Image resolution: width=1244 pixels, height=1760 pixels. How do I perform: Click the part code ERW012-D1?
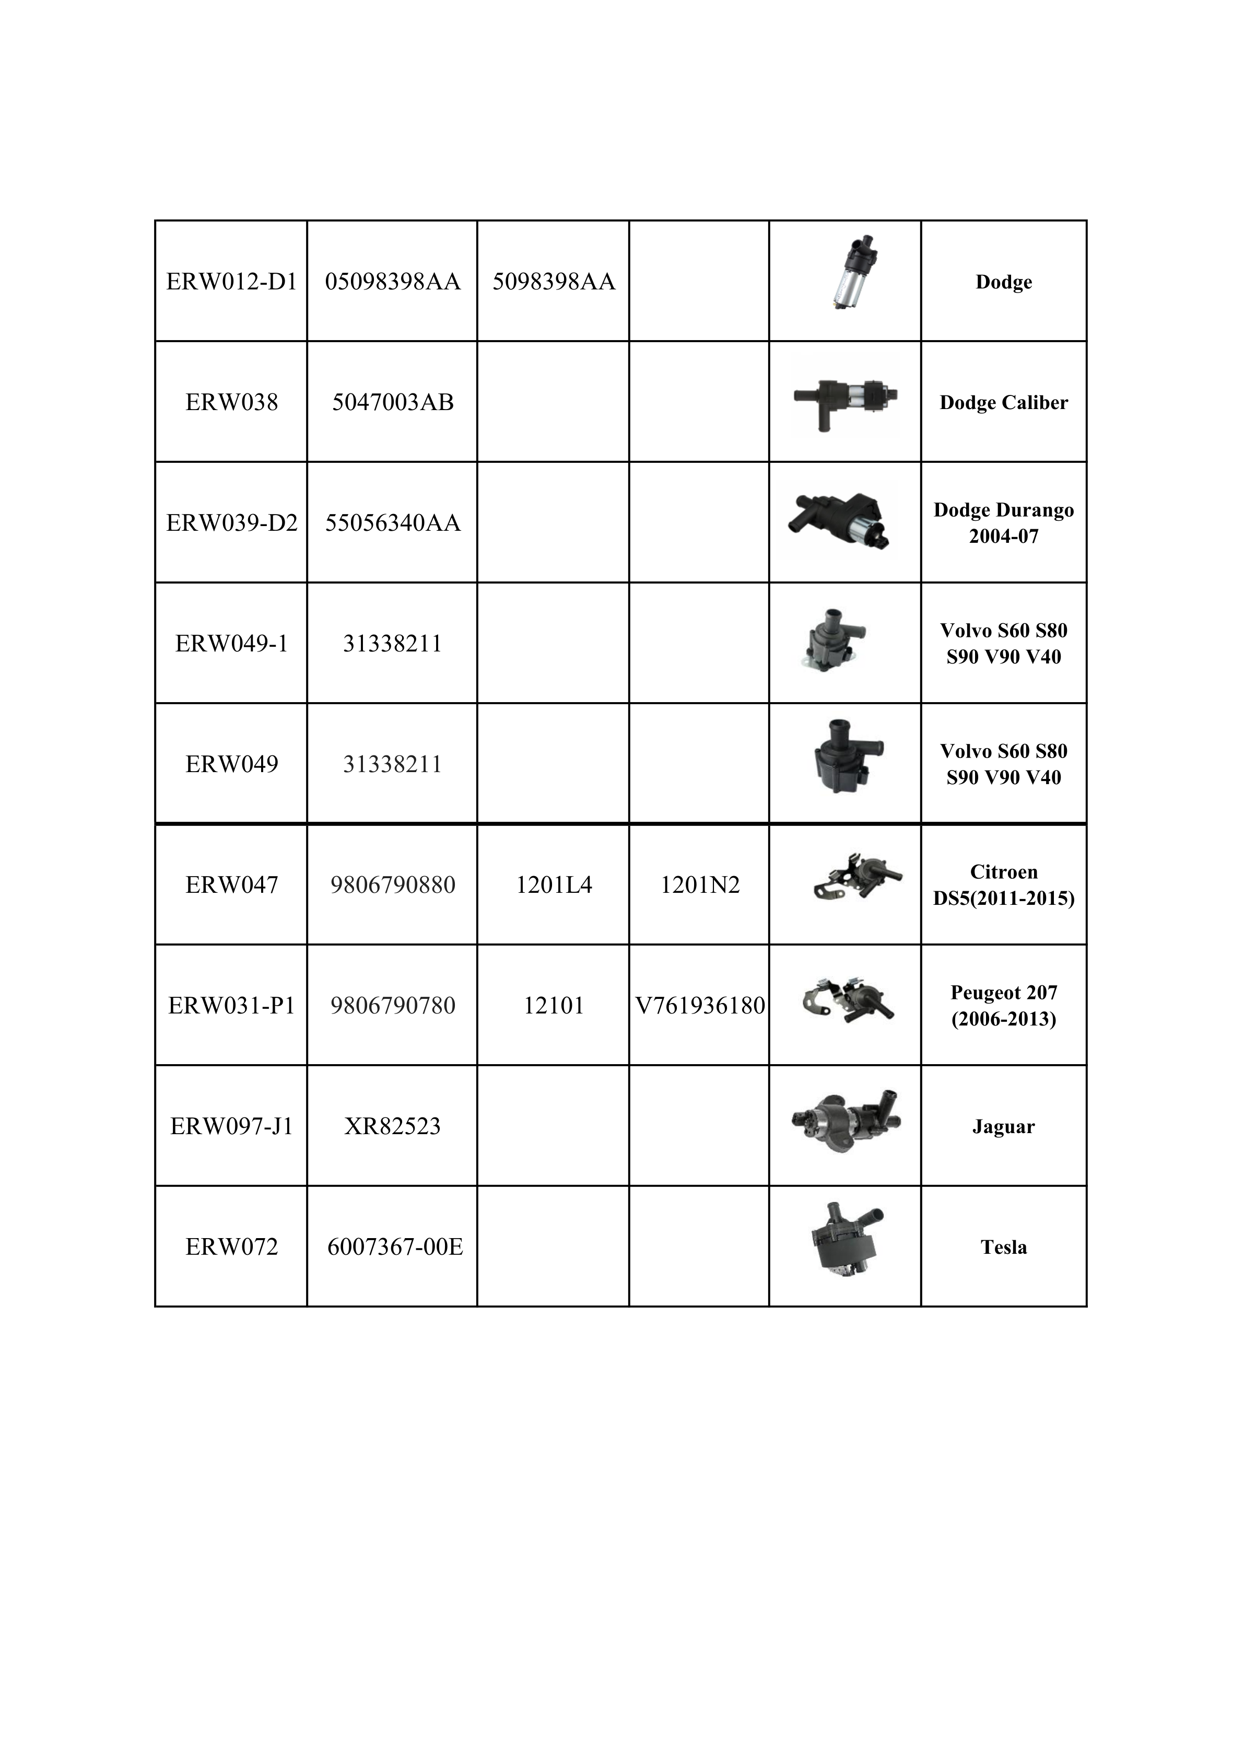point(231,282)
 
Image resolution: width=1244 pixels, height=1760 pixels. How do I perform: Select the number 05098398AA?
point(392,282)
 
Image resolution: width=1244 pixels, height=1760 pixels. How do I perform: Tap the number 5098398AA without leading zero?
point(554,282)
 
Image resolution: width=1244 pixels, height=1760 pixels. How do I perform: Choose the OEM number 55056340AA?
point(392,523)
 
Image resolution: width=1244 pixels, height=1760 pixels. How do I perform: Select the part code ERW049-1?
point(231,643)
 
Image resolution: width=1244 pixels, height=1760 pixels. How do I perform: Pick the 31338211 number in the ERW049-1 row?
point(392,643)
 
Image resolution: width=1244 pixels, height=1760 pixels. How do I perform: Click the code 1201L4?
point(554,884)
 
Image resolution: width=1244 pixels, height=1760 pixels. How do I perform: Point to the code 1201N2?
point(700,884)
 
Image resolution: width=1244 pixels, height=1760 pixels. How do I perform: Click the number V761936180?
point(700,1005)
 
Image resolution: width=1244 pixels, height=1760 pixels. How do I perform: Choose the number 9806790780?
point(392,1005)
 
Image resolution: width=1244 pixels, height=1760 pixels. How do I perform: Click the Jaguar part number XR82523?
point(392,1126)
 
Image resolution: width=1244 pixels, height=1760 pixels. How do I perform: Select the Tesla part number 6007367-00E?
point(395,1246)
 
